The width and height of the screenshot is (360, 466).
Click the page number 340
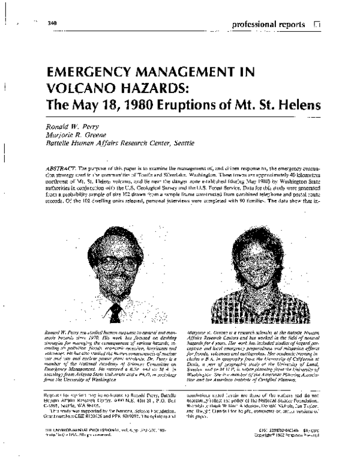point(52,23)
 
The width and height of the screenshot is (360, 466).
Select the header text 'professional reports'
point(269,25)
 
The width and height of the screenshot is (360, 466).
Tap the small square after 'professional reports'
point(316,25)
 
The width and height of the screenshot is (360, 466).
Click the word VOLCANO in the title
point(79,91)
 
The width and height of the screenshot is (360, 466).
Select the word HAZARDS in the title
point(151,91)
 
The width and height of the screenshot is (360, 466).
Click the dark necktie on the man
point(113,312)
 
